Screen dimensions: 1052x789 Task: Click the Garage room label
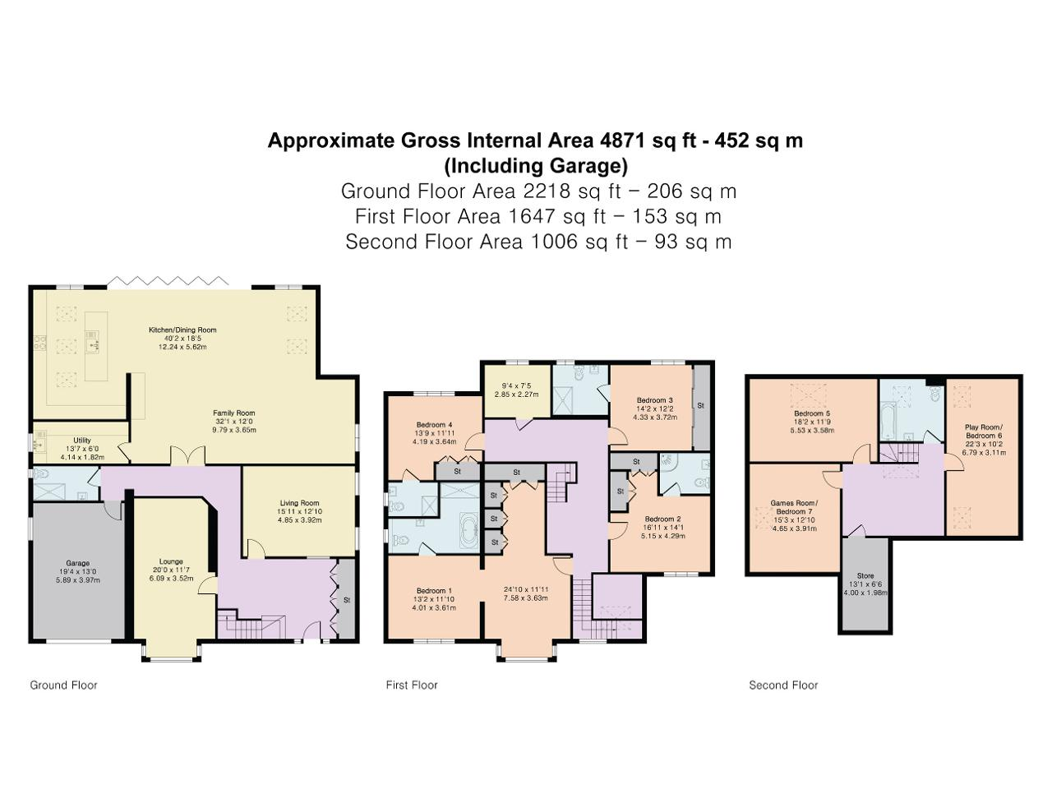pos(77,563)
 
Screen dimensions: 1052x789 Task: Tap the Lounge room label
pos(171,561)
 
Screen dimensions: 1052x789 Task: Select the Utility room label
pos(82,440)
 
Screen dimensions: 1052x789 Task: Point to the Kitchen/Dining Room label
pos(182,330)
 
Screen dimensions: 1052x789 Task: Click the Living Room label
pos(299,502)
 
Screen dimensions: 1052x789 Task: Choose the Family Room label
pos(234,413)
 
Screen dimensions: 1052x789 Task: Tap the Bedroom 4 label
pos(434,424)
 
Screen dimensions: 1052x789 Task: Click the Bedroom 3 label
pos(655,400)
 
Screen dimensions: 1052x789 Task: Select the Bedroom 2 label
pos(662,519)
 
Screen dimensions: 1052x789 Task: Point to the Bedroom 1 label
pos(434,591)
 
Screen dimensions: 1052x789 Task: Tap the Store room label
pos(865,575)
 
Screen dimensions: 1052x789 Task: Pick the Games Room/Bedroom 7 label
pos(794,507)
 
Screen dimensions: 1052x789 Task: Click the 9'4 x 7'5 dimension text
pos(516,385)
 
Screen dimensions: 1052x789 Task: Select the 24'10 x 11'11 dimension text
pos(526,589)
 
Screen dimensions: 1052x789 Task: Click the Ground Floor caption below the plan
pos(64,685)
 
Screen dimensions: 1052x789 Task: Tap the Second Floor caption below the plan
pos(783,685)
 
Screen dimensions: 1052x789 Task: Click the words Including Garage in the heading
pos(536,166)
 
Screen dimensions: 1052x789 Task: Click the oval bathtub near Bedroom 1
pos(468,529)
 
